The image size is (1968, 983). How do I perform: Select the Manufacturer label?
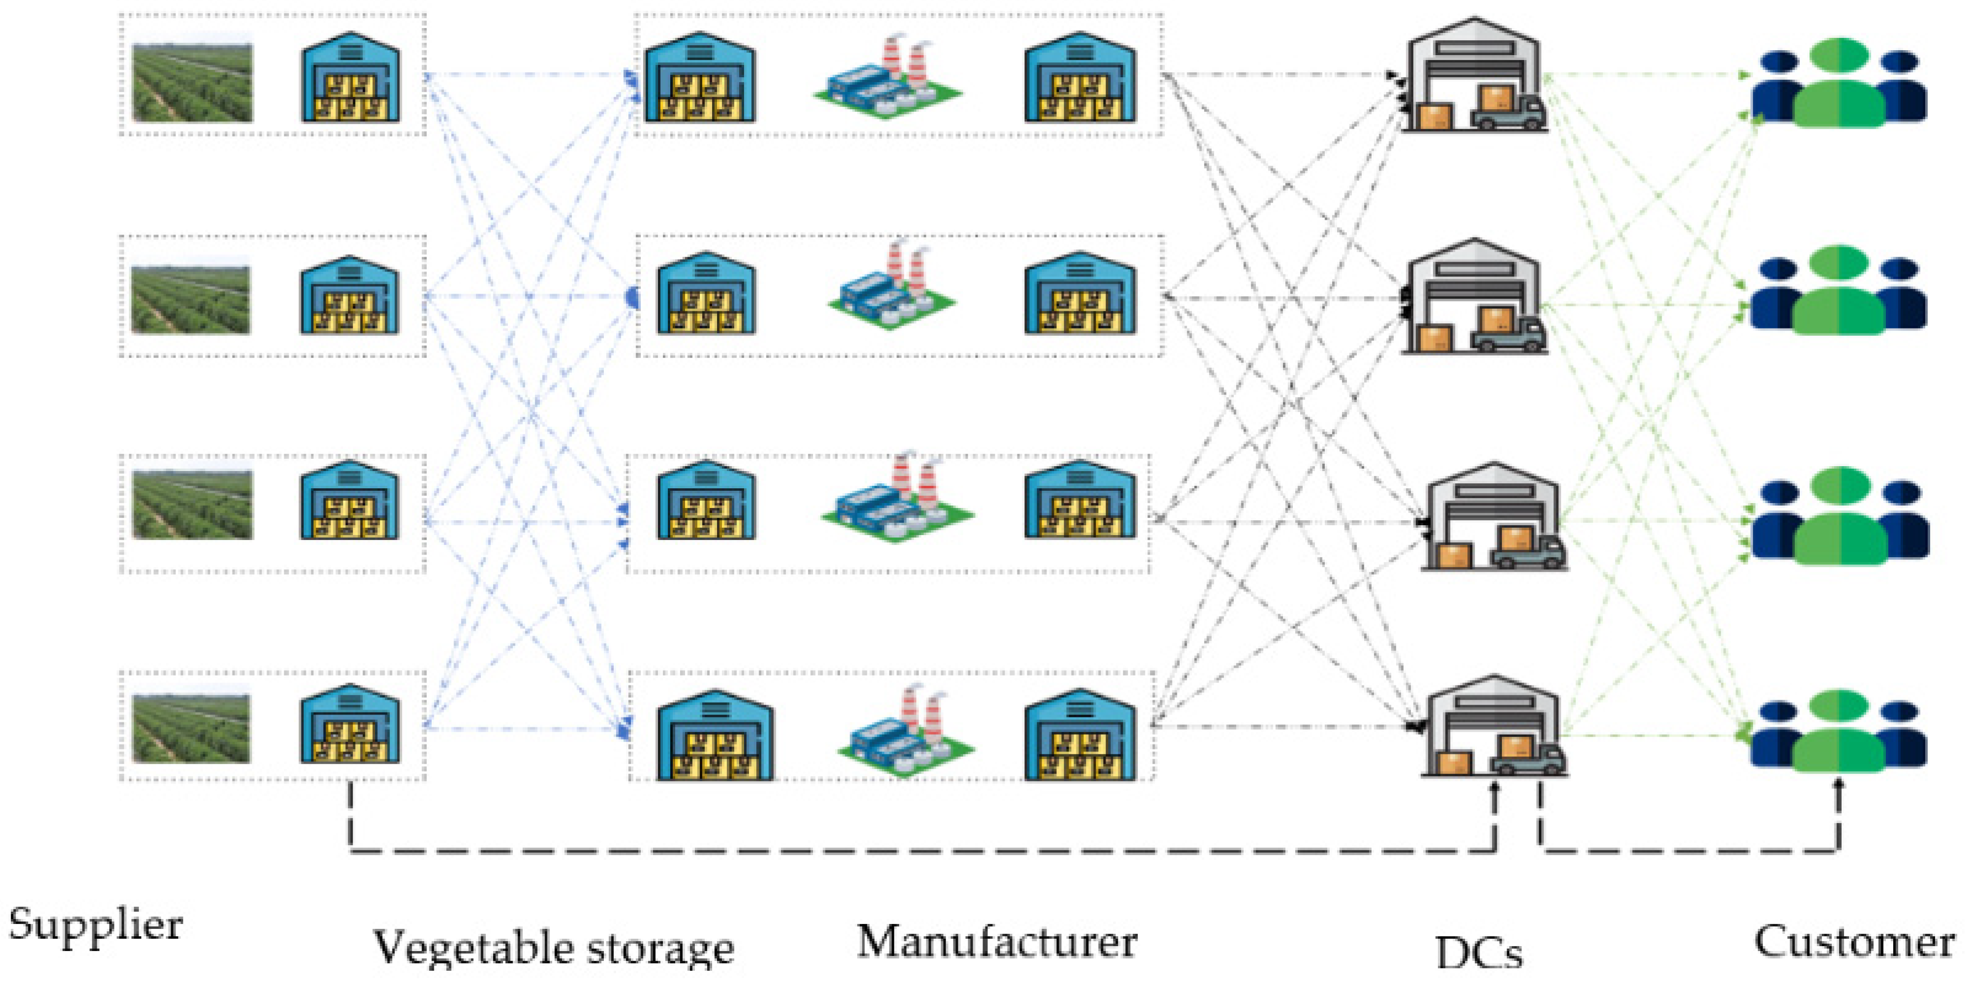997,942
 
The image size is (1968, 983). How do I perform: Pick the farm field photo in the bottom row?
191,728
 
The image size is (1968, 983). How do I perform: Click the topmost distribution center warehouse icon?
1474,76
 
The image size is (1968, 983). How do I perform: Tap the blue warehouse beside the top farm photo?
350,78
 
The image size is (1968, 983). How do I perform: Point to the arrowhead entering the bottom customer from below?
1839,784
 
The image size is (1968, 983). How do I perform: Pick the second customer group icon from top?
1839,290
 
